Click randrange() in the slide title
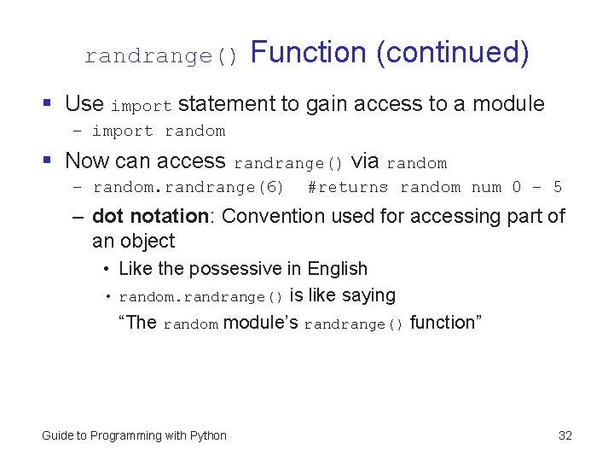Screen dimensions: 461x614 pyautogui.click(x=161, y=56)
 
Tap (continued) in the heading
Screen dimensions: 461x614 pyautogui.click(x=452, y=53)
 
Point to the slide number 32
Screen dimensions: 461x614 pyautogui.click(x=565, y=435)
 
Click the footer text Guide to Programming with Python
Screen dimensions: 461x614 pyautogui.click(x=134, y=435)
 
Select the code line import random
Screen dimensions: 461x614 pyautogui.click(x=159, y=131)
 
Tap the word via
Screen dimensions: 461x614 pyautogui.click(x=365, y=160)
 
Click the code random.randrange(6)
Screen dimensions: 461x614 pyautogui.click(x=188, y=187)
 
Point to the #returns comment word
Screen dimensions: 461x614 pyautogui.click(x=347, y=187)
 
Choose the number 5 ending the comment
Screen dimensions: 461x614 pyautogui.click(x=558, y=187)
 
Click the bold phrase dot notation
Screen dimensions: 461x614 pyautogui.click(x=149, y=216)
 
